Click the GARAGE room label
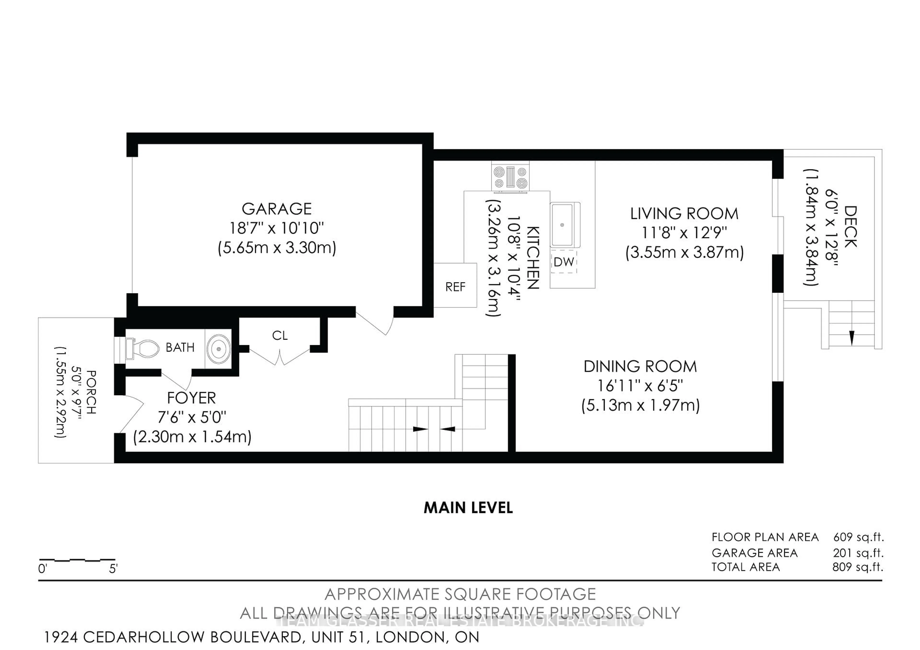pos(276,209)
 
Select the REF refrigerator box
pos(455,287)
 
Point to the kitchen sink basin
pos(562,225)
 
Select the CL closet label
pos(280,336)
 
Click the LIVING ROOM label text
pos(684,214)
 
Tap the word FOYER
pos(191,398)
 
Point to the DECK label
pos(850,227)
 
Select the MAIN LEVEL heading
pos(468,508)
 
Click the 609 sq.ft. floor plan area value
pos(858,537)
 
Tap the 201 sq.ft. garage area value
pos(858,553)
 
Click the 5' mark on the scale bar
pos(113,569)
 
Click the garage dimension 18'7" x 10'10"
pos(276,228)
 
